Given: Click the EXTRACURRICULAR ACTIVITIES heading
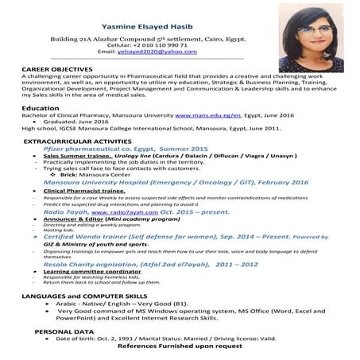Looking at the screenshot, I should [x=75, y=141].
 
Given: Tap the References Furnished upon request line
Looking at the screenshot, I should [x=180, y=346].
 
